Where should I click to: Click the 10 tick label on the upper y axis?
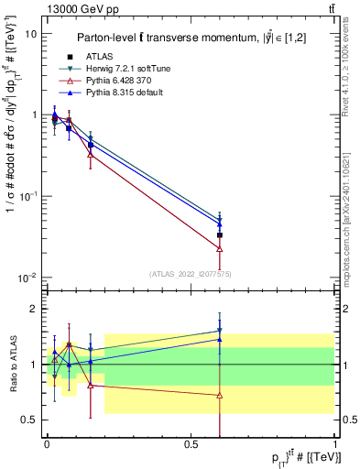(31, 34)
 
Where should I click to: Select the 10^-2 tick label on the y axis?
(28, 278)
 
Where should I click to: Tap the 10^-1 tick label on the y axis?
(28, 196)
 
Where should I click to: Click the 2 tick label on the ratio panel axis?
(35, 310)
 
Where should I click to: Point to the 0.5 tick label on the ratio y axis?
(29, 420)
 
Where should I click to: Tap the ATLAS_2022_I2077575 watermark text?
(190, 273)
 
